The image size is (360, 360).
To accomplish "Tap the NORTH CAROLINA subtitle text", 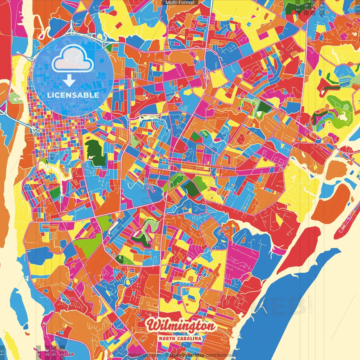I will [x=180, y=338].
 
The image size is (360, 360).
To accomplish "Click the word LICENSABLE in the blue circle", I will [x=73, y=95].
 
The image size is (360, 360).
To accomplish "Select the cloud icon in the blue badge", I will [x=73, y=59].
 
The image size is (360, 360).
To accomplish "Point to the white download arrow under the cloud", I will [x=69, y=81].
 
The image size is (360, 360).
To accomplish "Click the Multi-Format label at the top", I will [x=180, y=3].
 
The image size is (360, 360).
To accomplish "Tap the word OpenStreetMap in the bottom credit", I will [x=187, y=355].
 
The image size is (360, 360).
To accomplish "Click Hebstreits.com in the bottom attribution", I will [x=145, y=355].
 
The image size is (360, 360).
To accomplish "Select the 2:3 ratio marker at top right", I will [x=298, y=7].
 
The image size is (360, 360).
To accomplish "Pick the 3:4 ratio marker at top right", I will [x=313, y=7].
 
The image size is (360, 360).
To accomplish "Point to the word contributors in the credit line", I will [x=219, y=355].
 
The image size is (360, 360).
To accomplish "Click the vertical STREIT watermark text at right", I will [x=311, y=305].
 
